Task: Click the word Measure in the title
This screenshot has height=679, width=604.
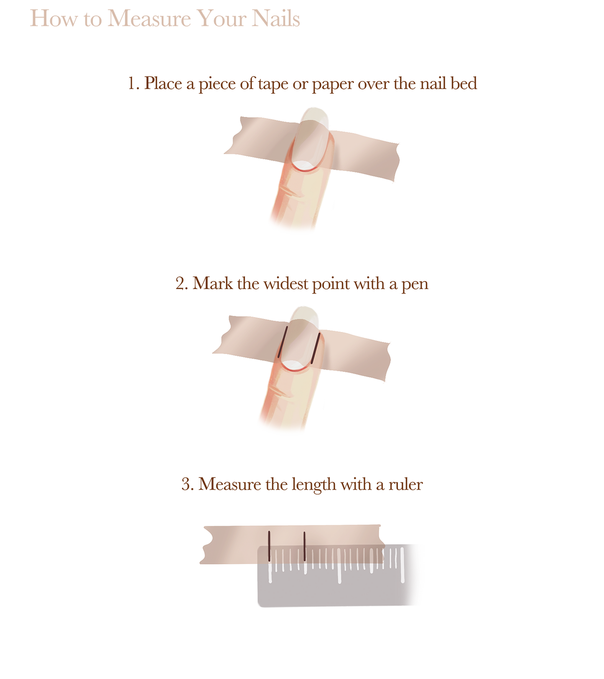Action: tap(149, 19)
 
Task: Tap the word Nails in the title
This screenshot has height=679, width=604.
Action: tap(276, 19)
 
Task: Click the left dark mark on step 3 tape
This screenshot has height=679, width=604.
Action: tap(269, 546)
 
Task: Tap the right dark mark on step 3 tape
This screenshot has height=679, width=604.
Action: tap(304, 546)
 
